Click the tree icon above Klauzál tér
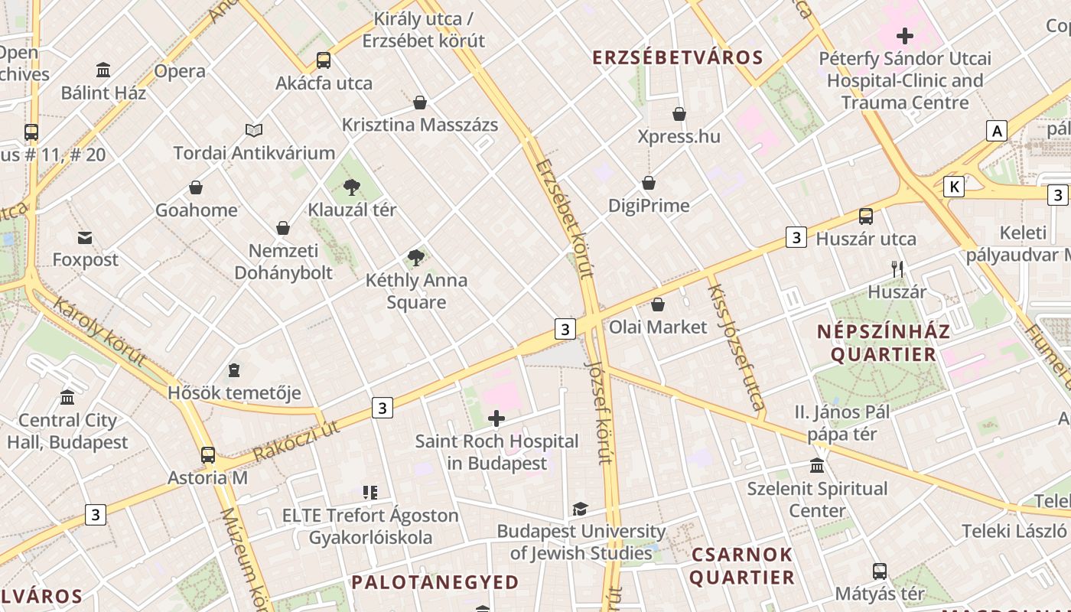352,187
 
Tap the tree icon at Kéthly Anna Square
415,258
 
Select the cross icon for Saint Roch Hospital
496,418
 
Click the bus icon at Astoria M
207,455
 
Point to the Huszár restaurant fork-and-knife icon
897,269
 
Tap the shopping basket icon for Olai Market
657,304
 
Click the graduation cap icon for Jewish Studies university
580,509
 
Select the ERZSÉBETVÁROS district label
678,57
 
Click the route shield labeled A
996,131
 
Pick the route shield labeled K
953,186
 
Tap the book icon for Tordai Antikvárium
254,130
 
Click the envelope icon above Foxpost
85,238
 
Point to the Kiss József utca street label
735,346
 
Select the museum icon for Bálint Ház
103,70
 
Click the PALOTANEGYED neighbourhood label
435,582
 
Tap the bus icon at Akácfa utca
324,60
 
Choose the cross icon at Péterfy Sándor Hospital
905,36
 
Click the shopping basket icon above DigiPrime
648,183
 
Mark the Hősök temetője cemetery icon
234,371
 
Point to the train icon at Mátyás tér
880,571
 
